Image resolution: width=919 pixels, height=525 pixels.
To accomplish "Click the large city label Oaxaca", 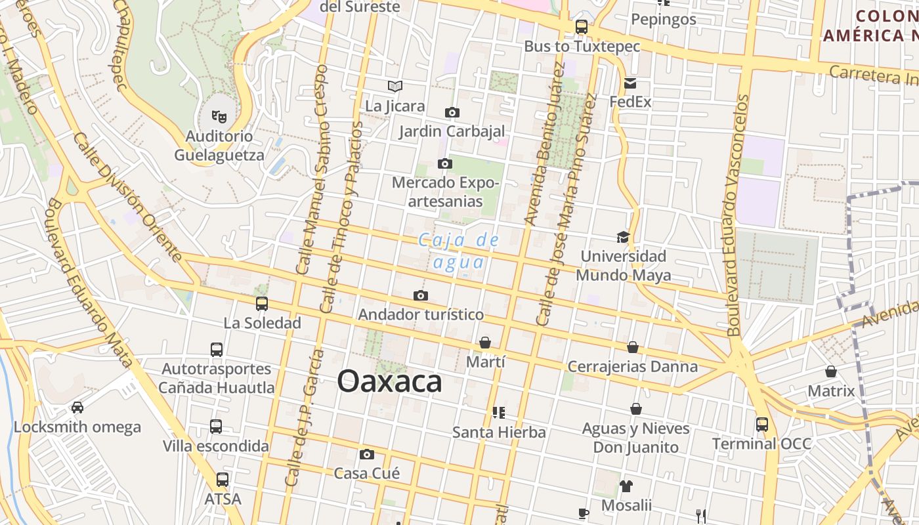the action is pyautogui.click(x=390, y=381).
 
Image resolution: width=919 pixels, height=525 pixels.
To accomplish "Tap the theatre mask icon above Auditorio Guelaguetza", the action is pyautogui.click(x=219, y=117).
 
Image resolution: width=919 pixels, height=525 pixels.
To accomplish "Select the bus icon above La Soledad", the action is pyautogui.click(x=262, y=303).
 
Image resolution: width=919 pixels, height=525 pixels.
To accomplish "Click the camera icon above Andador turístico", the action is pyautogui.click(x=421, y=295).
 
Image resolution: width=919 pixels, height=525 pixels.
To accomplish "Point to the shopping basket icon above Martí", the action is pyautogui.click(x=485, y=343).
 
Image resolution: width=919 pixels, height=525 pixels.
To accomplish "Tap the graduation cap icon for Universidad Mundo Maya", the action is pyautogui.click(x=623, y=237).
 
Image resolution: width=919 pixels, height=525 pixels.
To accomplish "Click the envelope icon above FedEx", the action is pyautogui.click(x=630, y=83).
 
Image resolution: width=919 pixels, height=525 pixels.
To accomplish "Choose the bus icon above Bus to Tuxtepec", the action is pyautogui.click(x=582, y=27).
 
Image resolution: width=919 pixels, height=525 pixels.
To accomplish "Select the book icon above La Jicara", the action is pyautogui.click(x=395, y=86).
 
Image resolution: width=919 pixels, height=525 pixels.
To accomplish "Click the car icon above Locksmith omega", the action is pyautogui.click(x=77, y=408).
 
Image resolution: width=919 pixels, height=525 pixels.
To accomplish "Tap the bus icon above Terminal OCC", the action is pyautogui.click(x=762, y=424).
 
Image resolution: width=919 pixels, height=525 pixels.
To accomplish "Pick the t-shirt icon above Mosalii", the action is pyautogui.click(x=626, y=486).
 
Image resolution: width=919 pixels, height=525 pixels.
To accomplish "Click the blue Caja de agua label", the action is pyautogui.click(x=460, y=251).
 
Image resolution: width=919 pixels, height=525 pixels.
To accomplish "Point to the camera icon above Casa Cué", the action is pyautogui.click(x=367, y=454).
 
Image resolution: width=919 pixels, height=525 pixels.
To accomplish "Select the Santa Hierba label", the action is pyautogui.click(x=499, y=432).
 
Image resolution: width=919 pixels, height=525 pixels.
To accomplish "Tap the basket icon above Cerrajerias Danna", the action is pyautogui.click(x=633, y=347).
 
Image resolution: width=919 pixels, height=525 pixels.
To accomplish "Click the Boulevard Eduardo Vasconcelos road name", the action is pyautogui.click(x=738, y=217).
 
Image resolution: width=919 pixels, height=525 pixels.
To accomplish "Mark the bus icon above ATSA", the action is pyautogui.click(x=223, y=480).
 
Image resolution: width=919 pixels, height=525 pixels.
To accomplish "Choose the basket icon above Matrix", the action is pyautogui.click(x=831, y=372).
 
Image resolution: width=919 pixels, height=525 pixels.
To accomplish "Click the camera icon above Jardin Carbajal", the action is pyautogui.click(x=452, y=112).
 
